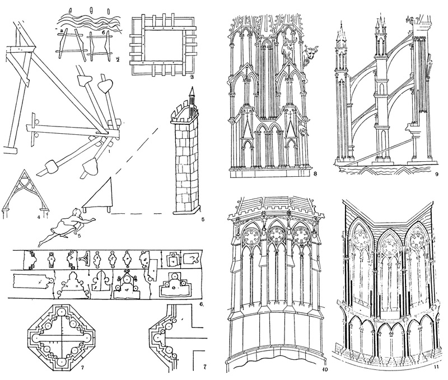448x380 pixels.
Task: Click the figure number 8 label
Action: tap(316, 174)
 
